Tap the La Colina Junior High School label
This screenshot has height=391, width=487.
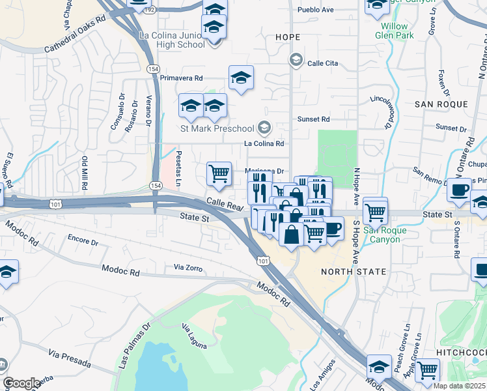coord(172,40)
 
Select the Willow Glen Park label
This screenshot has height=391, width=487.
coord(394,31)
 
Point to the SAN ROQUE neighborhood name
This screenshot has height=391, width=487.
coord(441,104)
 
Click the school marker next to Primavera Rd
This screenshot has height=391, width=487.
coord(241,79)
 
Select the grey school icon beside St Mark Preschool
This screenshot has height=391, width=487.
coord(264,127)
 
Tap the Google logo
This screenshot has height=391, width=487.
coord(21,383)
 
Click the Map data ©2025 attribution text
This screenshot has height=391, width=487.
coord(459,386)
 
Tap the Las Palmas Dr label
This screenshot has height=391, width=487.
coord(132,345)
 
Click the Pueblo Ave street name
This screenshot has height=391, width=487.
coord(315,10)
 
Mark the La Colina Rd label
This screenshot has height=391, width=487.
coord(264,143)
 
